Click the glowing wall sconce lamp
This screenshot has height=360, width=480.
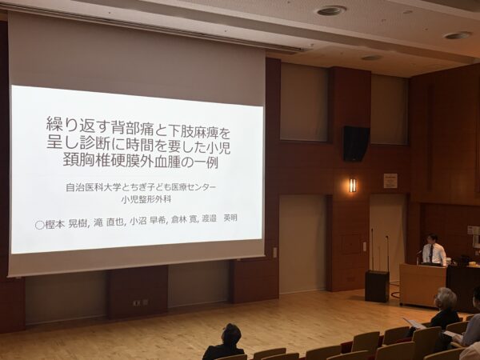tap(353, 186)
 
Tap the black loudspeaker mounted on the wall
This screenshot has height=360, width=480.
tap(356, 143)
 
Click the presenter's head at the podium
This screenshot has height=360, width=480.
tap(432, 239)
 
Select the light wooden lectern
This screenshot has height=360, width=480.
tap(422, 285)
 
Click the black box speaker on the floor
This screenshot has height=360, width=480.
tap(377, 286)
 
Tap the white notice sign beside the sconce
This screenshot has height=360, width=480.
tap(390, 181)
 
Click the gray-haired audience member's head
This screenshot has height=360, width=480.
tap(446, 298)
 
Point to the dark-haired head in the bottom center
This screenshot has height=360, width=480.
tap(231, 335)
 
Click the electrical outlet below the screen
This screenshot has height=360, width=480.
tap(140, 302)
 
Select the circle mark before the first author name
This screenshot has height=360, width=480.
tap(39, 225)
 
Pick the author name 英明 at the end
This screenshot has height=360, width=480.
tap(230, 218)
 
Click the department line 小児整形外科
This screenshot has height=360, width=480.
tap(146, 199)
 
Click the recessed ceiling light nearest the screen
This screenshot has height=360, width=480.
tap(331, 11)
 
